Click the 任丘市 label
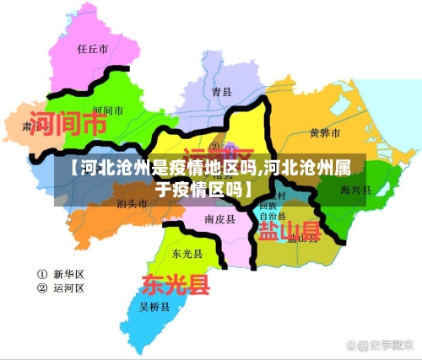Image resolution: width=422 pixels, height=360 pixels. [93, 50]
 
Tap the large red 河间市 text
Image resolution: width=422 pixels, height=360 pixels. [68, 125]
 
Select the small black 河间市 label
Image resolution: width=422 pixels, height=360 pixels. [107, 110]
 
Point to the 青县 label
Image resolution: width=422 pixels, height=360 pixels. [221, 91]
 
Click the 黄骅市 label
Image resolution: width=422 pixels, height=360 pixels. [325, 133]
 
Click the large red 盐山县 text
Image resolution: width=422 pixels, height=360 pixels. [289, 230]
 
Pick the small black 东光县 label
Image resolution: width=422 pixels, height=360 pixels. [187, 253]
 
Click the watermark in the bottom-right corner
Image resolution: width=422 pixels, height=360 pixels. [379, 345]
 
